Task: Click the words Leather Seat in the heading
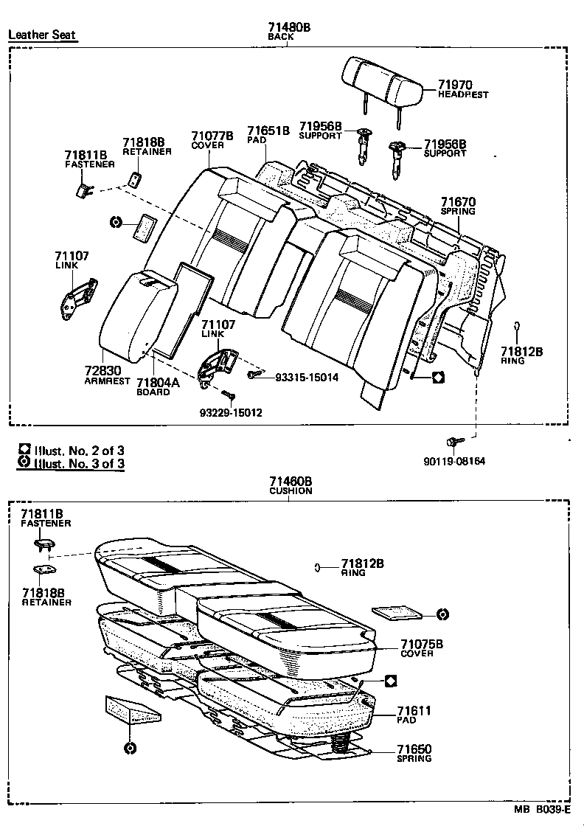(42, 35)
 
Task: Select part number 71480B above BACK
(289, 27)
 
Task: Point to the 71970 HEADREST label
(462, 90)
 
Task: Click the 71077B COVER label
(212, 140)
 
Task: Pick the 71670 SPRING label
(458, 206)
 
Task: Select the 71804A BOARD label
(158, 386)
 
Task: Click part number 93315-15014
(306, 377)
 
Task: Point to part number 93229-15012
(232, 413)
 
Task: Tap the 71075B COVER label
(421, 648)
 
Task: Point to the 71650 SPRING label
(414, 752)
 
